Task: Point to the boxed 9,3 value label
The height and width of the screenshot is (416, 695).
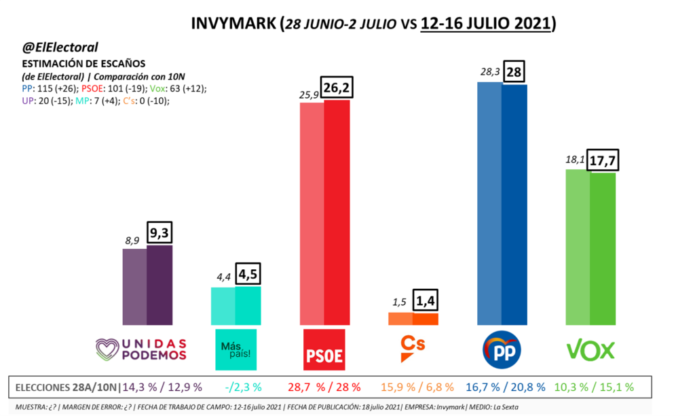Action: coord(160,234)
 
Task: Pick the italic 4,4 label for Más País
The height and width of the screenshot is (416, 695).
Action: coord(223,278)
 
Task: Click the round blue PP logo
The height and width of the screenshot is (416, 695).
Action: coord(502,350)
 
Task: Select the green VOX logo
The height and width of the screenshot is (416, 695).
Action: coord(590,350)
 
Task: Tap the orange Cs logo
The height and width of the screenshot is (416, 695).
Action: coord(412,349)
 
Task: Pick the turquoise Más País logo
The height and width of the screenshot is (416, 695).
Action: coord(236,349)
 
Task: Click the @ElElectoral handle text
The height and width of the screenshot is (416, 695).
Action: coord(61,47)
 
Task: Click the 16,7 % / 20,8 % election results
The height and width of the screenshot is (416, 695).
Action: coord(506,387)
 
